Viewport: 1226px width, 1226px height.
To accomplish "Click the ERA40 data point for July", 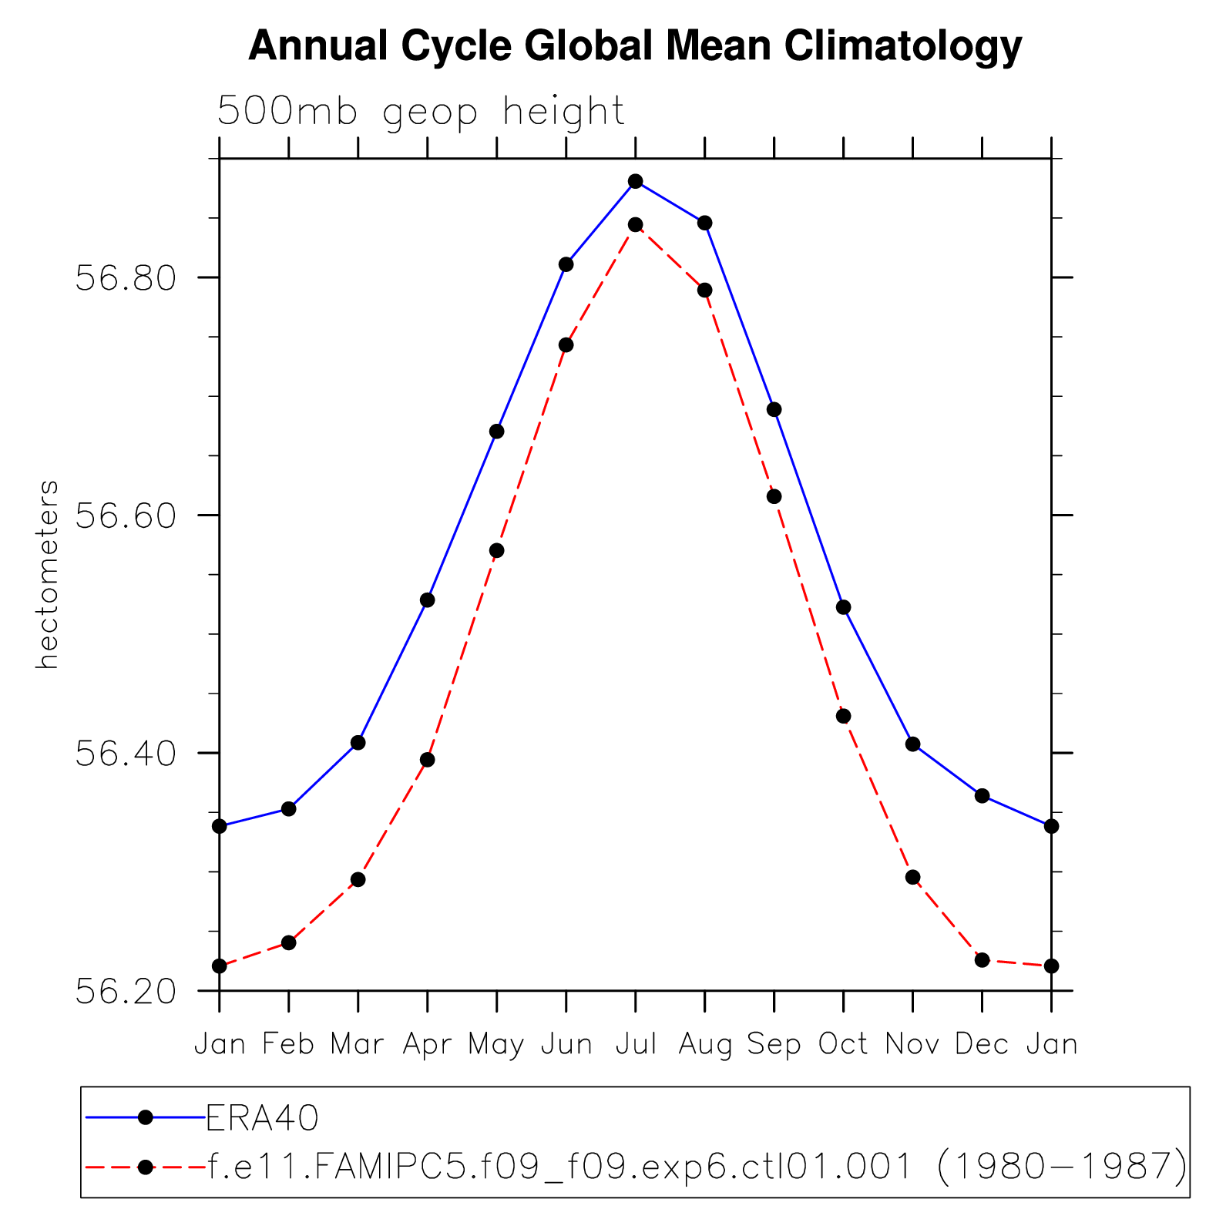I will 635,182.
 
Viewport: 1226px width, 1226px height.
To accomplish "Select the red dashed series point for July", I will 635,225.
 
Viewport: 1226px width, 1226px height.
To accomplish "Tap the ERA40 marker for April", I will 427,600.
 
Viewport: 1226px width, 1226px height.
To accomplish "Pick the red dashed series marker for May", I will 496,550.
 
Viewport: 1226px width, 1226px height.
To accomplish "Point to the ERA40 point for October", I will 843,607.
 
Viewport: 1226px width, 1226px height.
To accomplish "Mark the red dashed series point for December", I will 982,959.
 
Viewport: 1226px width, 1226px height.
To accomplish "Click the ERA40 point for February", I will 288,809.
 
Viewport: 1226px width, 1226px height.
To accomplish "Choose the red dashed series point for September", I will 774,496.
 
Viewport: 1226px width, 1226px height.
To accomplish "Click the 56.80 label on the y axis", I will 126,277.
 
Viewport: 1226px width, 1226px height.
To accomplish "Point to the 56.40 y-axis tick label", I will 126,753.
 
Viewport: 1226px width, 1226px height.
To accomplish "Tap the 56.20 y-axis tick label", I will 126,992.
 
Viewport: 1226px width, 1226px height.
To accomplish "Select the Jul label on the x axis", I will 636,1044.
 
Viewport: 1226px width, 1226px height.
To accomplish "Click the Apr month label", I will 427,1045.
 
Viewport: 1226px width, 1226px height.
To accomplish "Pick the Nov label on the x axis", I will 912,1044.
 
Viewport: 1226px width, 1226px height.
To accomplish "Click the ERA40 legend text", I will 262,1118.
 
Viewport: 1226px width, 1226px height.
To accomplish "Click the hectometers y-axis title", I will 48,575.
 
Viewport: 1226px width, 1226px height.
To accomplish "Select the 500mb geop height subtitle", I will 421,112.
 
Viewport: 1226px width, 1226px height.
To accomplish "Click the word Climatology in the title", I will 903,46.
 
